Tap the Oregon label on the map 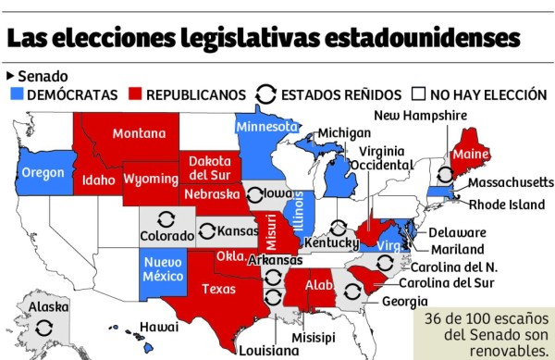tap(43, 173)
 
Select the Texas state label tap(219, 289)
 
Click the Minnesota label tap(266, 127)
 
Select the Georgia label tap(404, 302)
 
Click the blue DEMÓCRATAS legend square tap(18, 94)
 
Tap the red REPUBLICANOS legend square tap(136, 94)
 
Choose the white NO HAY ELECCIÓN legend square tap(418, 94)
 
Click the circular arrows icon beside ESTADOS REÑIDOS tap(265, 94)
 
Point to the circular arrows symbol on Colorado tap(166, 219)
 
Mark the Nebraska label tap(211, 194)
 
